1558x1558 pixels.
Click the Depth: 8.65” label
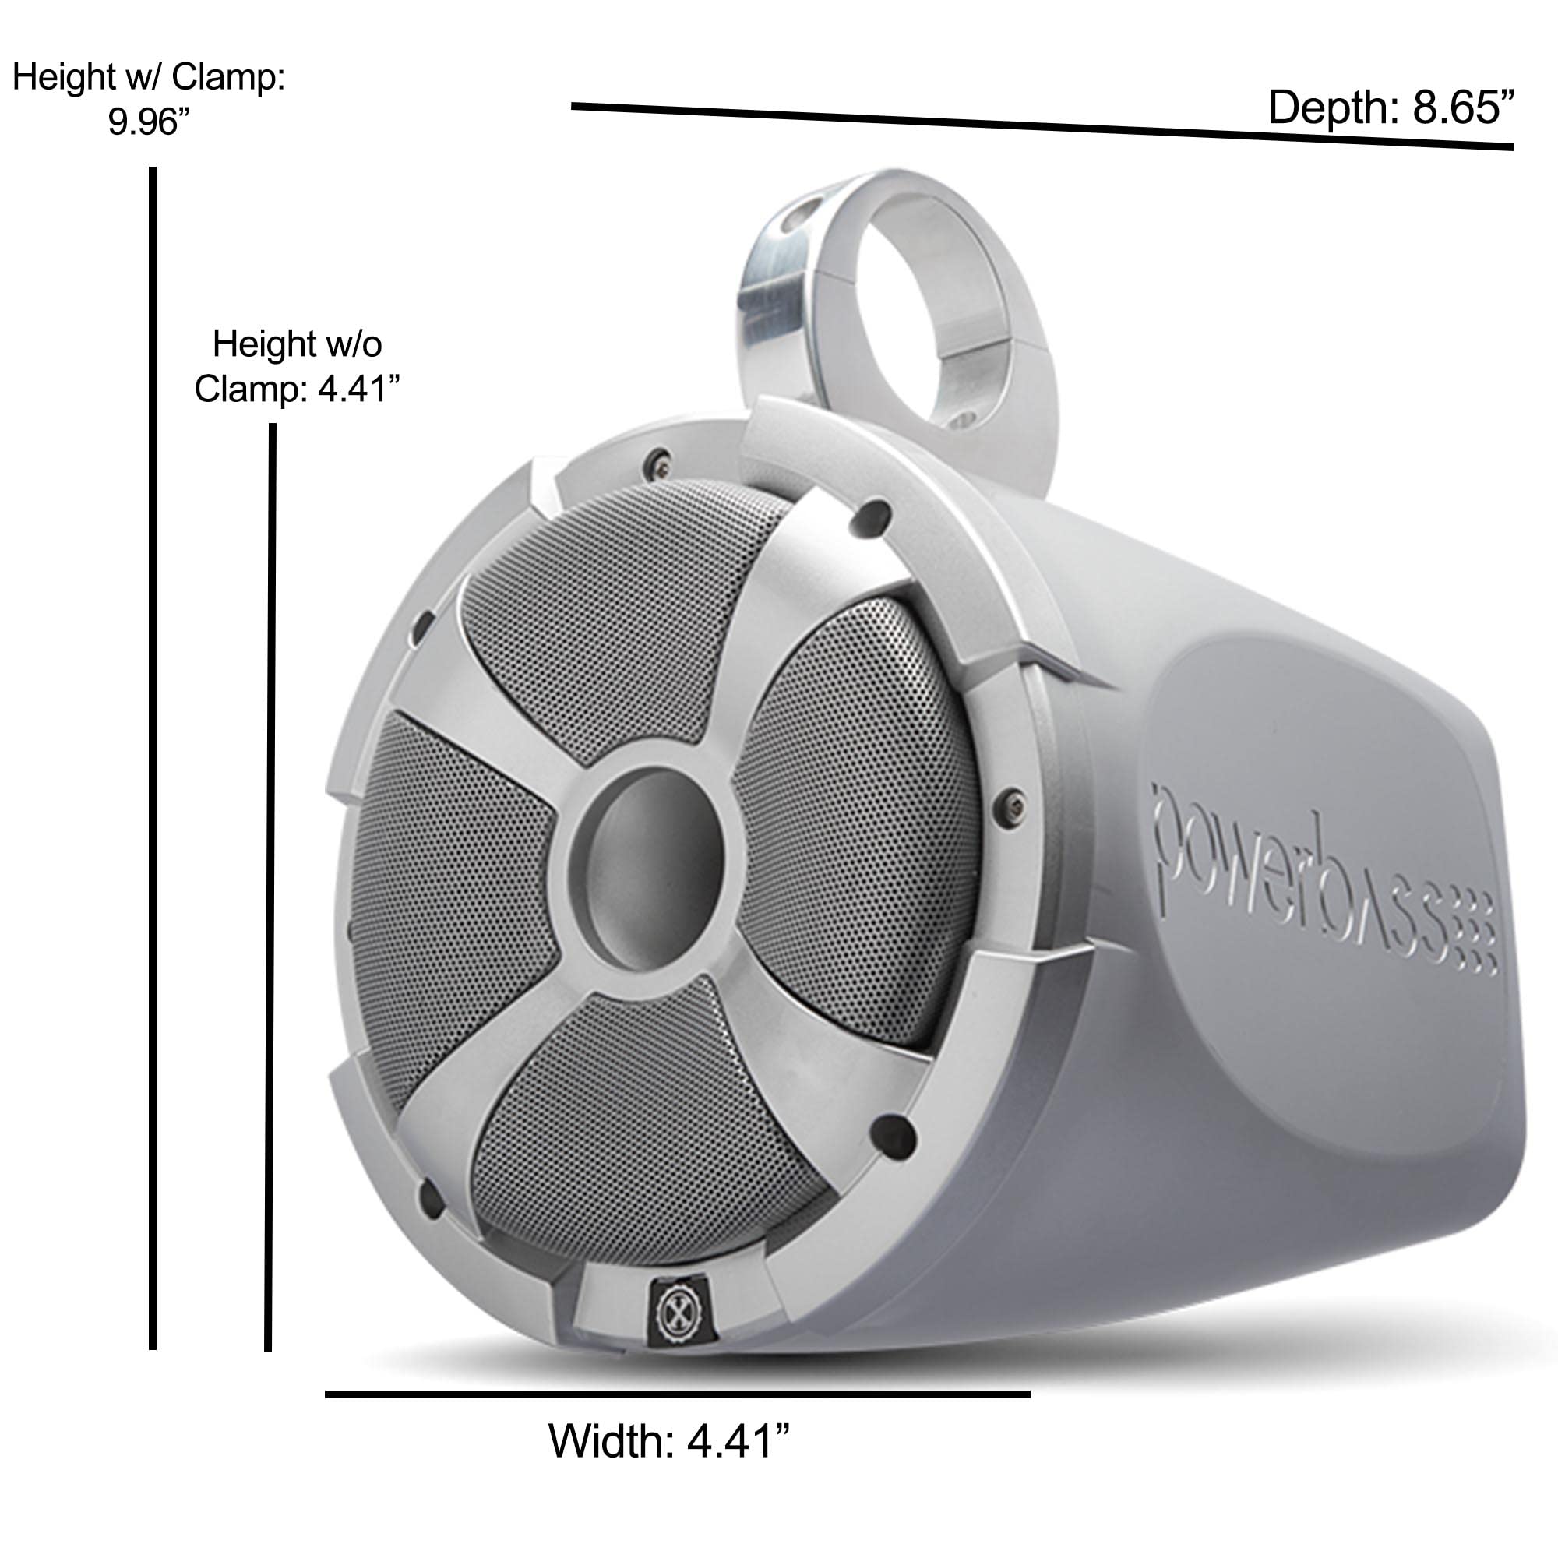[1391, 108]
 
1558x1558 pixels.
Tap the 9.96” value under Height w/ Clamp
[148, 122]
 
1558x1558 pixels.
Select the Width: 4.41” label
[668, 1440]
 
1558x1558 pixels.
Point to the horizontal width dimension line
[678, 1394]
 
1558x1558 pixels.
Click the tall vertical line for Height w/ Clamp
[153, 758]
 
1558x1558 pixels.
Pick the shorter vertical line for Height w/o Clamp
[271, 887]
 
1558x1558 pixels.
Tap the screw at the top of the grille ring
[660, 460]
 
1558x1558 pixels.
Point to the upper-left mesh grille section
[621, 613]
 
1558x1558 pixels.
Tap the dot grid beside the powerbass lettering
[1475, 936]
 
